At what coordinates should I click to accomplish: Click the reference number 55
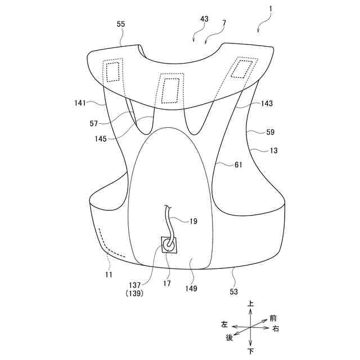tap(121, 24)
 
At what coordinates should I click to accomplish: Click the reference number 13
tap(273, 150)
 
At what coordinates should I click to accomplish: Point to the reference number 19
tap(193, 221)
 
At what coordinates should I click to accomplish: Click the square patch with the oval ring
tap(169, 245)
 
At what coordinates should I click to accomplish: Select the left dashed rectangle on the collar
tap(114, 71)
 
